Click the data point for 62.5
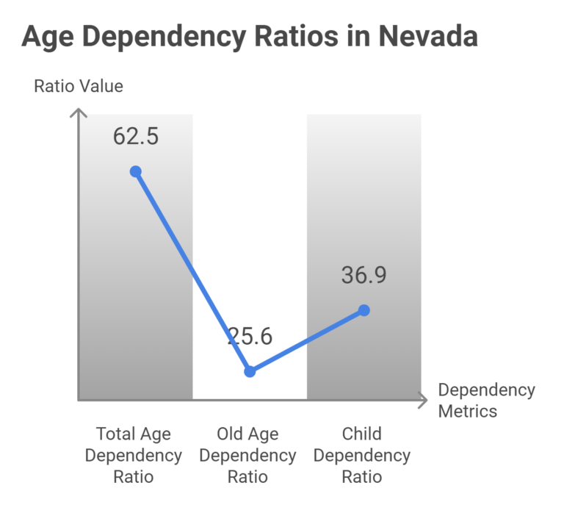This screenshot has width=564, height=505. click(135, 171)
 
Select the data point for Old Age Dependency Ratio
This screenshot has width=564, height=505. click(250, 371)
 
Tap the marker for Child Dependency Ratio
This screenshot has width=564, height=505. click(364, 310)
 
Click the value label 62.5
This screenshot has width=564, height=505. click(136, 136)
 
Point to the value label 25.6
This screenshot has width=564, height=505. click(249, 337)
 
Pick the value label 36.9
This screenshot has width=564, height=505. click(364, 276)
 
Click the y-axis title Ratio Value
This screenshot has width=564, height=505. click(79, 86)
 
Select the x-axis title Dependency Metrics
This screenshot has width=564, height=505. click(486, 400)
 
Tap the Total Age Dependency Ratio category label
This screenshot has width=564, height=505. click(134, 455)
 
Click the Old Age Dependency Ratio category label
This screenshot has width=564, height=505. click(248, 455)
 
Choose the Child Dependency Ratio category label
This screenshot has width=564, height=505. click(362, 455)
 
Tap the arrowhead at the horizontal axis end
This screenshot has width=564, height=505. click(422, 401)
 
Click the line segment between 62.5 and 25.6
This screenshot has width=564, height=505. click(192, 271)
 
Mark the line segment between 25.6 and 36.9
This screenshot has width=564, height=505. click(307, 340)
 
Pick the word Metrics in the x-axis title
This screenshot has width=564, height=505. click(468, 410)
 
